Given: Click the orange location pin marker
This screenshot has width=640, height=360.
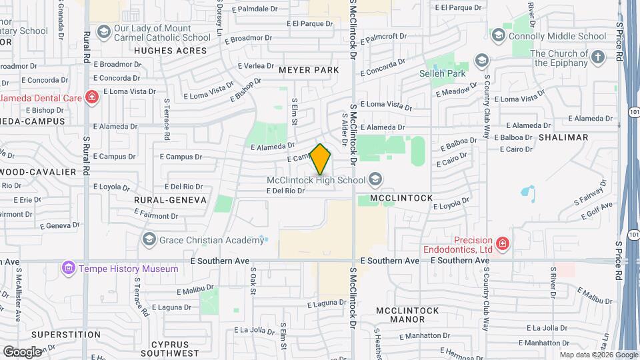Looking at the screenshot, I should [321, 159].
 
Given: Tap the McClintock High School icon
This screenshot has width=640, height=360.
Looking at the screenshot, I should [375, 179].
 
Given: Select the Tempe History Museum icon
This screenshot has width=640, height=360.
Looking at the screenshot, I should [67, 269].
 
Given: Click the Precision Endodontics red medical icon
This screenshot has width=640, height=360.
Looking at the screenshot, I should [502, 245].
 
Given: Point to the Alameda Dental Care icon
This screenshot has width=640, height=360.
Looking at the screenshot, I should [91, 98].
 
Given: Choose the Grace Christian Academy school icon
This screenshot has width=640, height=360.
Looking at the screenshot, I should [149, 240].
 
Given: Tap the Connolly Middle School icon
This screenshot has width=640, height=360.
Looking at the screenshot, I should [498, 35].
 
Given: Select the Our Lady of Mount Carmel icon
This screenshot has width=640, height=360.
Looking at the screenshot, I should [103, 32].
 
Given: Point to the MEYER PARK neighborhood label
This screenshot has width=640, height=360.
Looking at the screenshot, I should [309, 69].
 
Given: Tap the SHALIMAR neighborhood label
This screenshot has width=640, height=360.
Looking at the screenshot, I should [563, 137].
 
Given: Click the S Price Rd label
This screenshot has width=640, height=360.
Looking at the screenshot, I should [619, 40].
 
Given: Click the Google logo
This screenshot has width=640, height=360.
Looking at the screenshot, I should [22, 351].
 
